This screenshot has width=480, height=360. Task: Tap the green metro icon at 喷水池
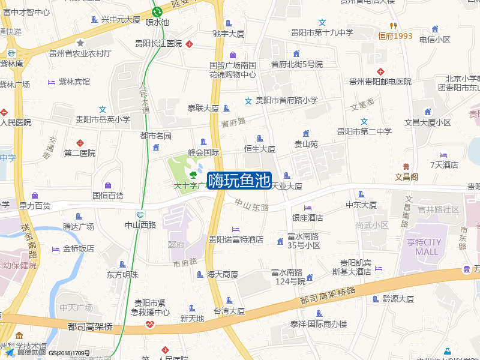157,11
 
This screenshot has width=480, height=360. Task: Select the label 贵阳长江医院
158,43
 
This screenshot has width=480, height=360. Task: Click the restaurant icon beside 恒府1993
392,25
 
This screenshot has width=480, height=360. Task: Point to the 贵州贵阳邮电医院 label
380,82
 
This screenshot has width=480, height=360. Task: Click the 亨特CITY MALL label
427,247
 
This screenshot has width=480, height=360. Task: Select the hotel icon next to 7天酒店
443,154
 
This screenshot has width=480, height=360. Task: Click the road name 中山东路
251,205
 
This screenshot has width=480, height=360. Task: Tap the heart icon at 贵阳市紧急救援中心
149,325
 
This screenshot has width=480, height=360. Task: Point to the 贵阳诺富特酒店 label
236,239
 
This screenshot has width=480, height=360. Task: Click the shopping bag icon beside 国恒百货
108,185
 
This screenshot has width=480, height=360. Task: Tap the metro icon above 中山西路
140,215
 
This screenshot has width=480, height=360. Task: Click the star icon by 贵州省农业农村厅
80,43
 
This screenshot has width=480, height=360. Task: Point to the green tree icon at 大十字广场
193,175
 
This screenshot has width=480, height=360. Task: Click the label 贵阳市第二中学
364,131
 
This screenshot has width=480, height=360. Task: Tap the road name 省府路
233,122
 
